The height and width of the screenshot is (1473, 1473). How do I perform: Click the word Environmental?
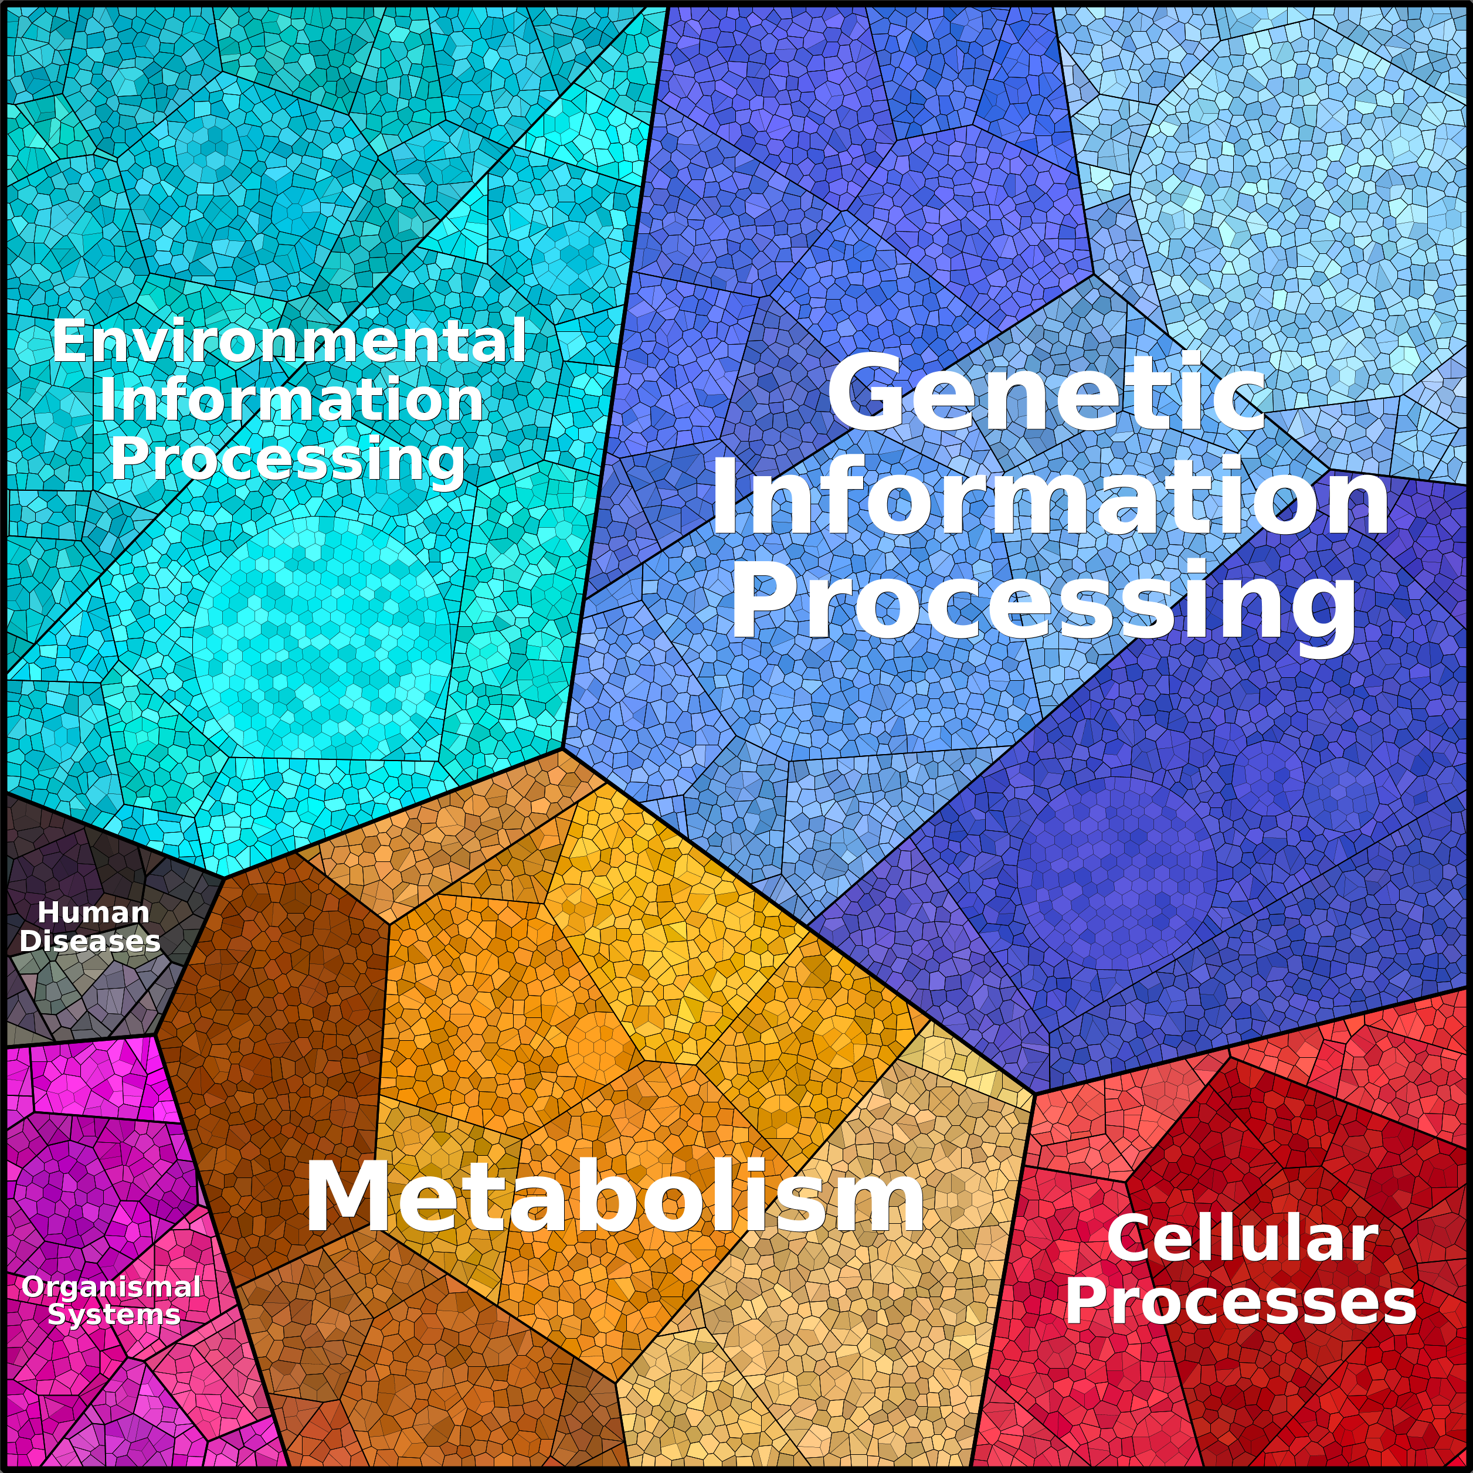pos(289,341)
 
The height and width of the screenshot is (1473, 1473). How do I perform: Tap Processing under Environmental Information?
pos(287,460)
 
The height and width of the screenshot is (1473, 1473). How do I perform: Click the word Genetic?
pos(1047,394)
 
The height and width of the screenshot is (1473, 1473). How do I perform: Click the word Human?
pos(93,912)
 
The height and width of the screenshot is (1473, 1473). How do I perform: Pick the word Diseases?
pos(90,941)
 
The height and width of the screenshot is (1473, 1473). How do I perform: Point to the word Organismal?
pos(111,1288)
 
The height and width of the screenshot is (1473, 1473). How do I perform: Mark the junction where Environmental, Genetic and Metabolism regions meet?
pos(563,749)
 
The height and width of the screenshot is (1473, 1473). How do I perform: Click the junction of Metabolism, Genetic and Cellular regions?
pos(1034,1093)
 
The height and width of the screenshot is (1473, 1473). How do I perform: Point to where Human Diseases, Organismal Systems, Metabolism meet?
pos(155,1034)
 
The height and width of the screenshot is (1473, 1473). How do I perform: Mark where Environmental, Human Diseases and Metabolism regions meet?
pos(224,878)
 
